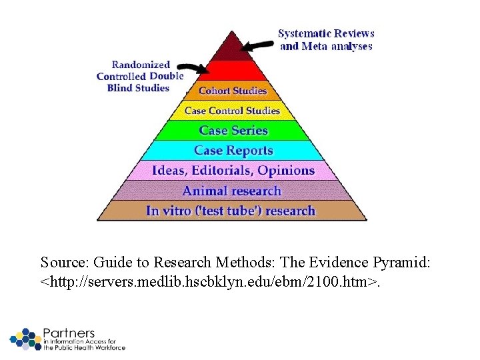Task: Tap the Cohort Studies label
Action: pos(233,91)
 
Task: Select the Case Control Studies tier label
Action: pos(232,111)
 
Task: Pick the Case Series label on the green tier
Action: pos(233,131)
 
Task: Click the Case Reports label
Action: pos(233,151)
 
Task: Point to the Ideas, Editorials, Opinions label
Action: pos(233,171)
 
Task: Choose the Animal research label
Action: pos(232,191)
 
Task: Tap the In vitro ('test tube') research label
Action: pos(231,211)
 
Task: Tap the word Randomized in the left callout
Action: pos(141,65)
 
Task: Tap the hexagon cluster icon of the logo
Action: pos(25,339)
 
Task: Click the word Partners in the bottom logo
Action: pos(69,333)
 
